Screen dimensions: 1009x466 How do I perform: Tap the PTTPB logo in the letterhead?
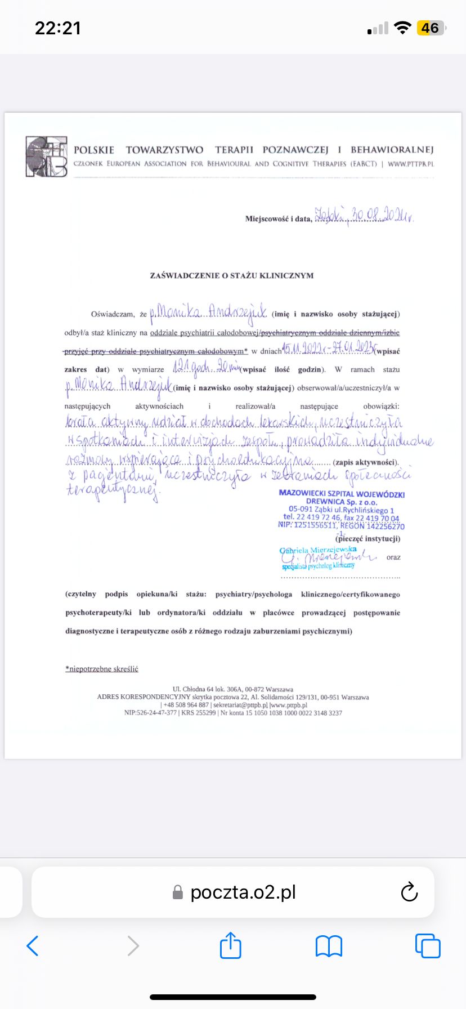[46, 157]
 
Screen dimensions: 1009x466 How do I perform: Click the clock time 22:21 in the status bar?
[58, 28]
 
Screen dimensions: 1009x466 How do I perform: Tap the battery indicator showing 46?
[430, 28]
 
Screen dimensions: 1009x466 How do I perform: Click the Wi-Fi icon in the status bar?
[402, 28]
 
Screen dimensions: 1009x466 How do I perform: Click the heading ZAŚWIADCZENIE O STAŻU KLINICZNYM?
[231, 275]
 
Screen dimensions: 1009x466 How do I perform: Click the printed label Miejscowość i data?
[278, 218]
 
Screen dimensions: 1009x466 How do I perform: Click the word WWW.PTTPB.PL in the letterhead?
[411, 164]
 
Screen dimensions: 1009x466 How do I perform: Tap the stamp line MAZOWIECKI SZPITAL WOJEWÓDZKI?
[342, 493]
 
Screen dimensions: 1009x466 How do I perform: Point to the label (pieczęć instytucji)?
[368, 539]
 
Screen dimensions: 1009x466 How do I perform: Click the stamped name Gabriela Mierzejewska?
[318, 549]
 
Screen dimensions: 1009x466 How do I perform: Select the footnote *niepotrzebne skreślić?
[102, 669]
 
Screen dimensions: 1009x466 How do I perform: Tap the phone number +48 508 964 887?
[186, 705]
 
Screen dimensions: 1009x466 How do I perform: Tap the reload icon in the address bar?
[409, 892]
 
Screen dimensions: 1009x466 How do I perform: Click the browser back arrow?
[33, 946]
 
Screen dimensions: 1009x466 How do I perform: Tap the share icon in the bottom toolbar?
[230, 945]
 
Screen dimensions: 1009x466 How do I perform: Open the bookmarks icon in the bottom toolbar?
[329, 946]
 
